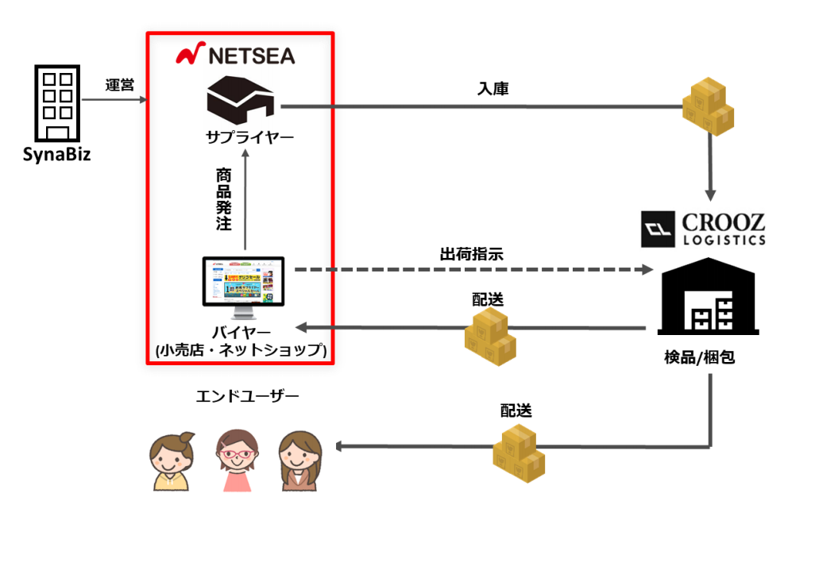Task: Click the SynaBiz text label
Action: click(x=56, y=153)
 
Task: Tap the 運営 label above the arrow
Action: click(x=119, y=85)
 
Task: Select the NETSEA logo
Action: click(x=235, y=55)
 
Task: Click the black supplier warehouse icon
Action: click(x=240, y=99)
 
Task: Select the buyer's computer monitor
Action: click(x=244, y=284)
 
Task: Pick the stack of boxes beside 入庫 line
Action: click(x=708, y=108)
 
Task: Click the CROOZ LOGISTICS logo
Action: click(x=704, y=229)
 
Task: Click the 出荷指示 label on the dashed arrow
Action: click(x=471, y=254)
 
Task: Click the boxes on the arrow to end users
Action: click(x=519, y=453)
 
